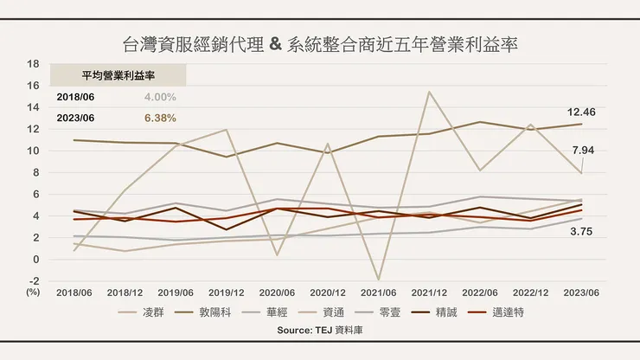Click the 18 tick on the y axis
point(34,64)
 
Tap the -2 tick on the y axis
point(34,280)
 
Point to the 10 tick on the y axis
point(34,151)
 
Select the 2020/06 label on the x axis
point(278,292)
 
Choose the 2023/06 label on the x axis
point(582,292)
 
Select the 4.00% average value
point(160,97)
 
